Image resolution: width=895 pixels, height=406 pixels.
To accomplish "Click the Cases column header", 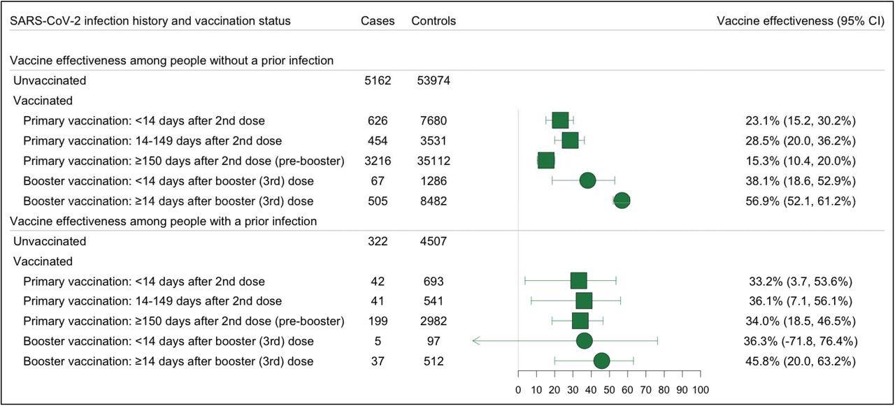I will [378, 21].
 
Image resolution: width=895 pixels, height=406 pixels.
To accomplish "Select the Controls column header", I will [434, 21].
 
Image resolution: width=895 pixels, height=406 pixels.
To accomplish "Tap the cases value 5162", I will [378, 80].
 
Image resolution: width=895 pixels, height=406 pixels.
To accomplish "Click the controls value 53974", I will [434, 80].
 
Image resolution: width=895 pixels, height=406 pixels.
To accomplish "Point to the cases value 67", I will [378, 181].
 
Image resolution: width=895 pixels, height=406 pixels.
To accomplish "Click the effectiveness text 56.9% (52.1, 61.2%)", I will [800, 201].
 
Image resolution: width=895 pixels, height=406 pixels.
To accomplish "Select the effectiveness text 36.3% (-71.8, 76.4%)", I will [800, 342].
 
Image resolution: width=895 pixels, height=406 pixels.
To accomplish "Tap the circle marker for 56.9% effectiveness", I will [622, 201].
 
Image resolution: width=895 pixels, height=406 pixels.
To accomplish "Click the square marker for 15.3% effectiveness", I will [546, 161].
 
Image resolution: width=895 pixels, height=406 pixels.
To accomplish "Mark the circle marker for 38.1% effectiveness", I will [587, 181].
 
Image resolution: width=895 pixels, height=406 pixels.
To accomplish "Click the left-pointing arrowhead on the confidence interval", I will [475, 341].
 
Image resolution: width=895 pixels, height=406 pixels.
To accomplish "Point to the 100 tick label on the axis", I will [701, 390].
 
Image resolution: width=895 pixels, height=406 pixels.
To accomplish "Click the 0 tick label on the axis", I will [517, 390].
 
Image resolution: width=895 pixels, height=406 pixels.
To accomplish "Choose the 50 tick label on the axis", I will [609, 390].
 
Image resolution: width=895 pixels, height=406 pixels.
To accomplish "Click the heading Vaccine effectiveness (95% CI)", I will [801, 21].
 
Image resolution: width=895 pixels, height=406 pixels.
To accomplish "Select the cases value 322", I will [378, 242].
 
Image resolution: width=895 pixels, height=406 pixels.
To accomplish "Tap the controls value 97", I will [434, 342].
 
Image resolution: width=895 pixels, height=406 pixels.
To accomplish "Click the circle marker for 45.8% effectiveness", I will [601, 361].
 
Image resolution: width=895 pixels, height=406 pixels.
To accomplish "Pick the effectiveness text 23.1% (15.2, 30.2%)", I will [800, 121].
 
